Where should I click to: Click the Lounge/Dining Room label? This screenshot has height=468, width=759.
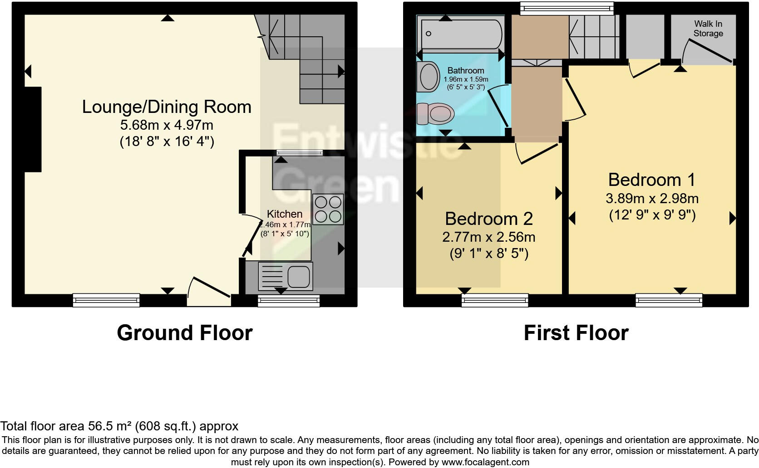[167, 107]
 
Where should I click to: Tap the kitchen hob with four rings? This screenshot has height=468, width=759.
[328, 209]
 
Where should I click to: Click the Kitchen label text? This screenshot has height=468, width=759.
[285, 214]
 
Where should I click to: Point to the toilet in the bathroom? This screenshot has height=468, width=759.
[436, 112]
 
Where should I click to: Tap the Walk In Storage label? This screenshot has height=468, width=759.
[708, 29]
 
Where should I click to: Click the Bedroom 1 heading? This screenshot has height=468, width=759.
[651, 180]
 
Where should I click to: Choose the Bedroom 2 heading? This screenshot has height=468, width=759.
[488, 219]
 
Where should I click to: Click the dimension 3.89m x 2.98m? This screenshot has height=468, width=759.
[652, 199]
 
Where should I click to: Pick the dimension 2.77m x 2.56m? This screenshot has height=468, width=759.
[488, 237]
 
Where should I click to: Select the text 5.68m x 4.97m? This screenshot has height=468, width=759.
[167, 125]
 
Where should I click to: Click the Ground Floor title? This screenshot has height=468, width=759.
[184, 333]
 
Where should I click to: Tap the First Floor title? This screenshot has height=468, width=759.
[576, 333]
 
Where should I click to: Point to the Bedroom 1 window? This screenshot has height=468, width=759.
[669, 300]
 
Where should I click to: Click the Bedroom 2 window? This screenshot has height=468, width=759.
[495, 300]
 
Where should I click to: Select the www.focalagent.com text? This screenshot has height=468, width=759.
[485, 463]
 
